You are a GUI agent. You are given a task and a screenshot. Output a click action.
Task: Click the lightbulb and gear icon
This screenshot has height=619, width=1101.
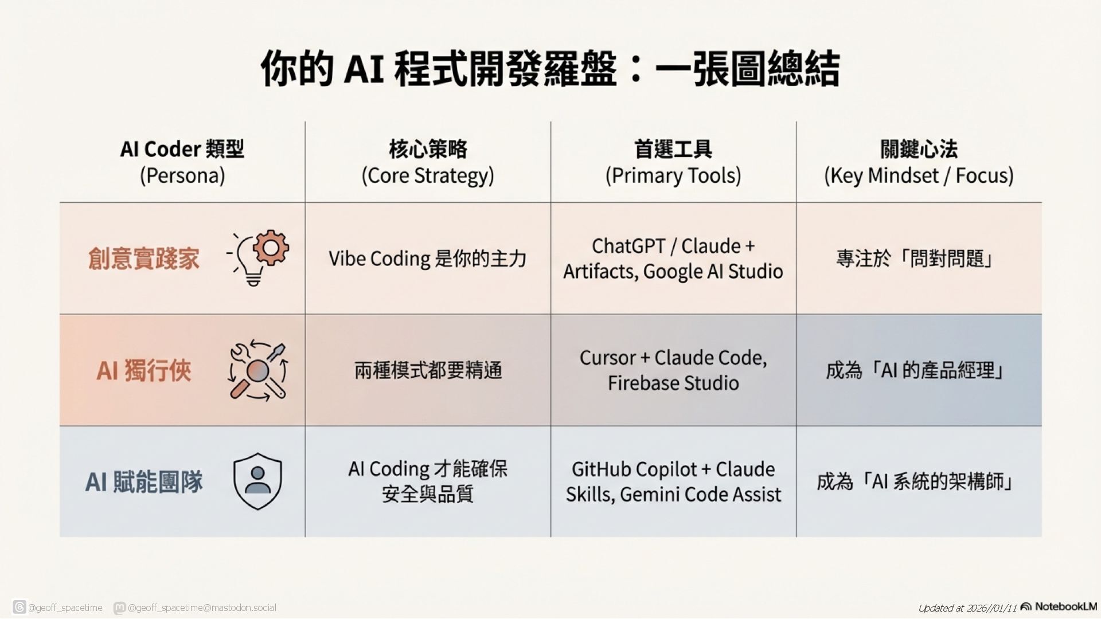258,258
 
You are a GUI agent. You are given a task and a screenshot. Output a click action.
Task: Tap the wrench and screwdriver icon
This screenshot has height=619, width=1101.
258,370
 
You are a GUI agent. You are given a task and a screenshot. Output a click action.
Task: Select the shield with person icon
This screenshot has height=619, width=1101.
257,481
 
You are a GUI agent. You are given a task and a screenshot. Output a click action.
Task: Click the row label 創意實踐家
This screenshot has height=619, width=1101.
143,258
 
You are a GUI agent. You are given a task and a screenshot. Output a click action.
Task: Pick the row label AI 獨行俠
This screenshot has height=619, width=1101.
143,371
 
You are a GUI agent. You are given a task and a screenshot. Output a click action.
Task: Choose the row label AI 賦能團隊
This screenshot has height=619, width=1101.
143,482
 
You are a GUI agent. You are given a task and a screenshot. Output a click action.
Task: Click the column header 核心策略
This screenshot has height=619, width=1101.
428,149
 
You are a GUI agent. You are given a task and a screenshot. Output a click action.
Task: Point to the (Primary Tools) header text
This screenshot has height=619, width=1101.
673,175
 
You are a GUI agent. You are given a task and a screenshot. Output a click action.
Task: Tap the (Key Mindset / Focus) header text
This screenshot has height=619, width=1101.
919,175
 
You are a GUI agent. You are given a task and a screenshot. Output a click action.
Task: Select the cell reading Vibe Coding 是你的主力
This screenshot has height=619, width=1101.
428,258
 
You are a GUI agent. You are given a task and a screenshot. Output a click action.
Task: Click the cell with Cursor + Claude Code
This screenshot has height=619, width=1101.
673,358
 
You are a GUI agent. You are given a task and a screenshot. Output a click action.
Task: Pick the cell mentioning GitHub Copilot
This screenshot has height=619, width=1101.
673,469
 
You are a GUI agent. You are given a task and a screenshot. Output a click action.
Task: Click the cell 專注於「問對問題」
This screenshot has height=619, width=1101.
915,258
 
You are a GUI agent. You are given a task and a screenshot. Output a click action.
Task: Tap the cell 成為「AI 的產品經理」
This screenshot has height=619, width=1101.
915,371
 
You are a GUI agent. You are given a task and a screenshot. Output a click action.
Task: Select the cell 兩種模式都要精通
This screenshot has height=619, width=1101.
428,371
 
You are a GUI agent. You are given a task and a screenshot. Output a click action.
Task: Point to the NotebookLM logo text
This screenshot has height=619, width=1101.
1065,606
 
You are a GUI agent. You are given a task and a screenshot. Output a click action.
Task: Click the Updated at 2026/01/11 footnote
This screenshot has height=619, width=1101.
967,608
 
